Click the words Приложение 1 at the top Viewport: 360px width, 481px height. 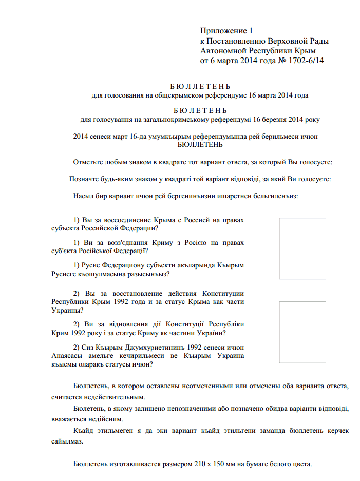pyautogui.click(x=227, y=31)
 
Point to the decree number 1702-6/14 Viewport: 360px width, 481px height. pyautogui.click(x=307, y=61)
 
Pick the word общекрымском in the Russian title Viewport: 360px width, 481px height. pyautogui.click(x=190, y=95)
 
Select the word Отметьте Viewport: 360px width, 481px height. pyautogui.click(x=90, y=162)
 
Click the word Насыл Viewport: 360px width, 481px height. pyautogui.click(x=84, y=196)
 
